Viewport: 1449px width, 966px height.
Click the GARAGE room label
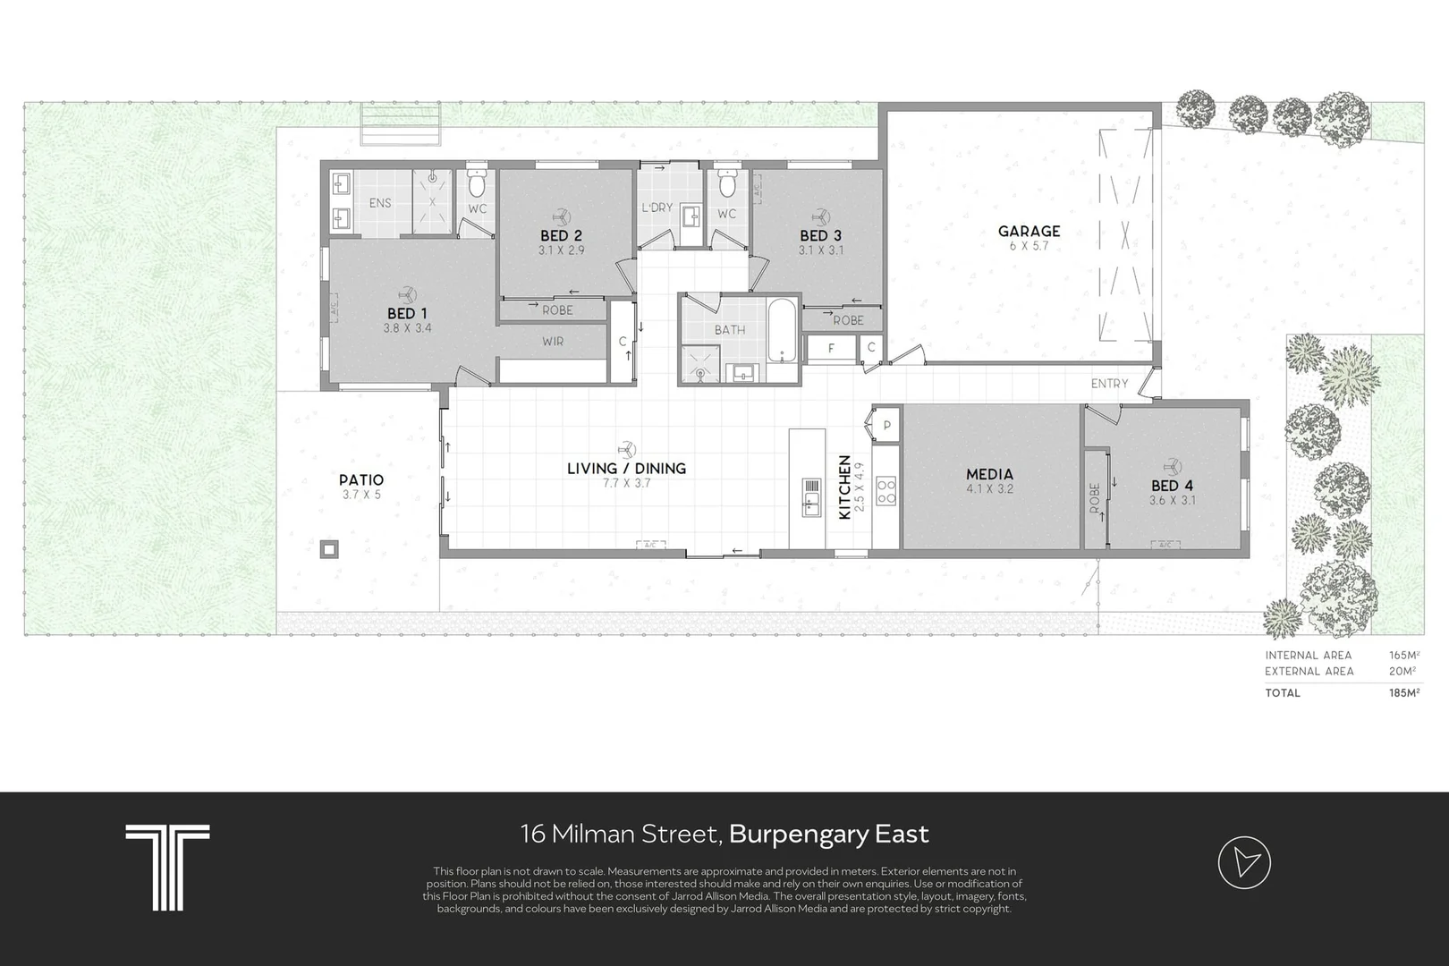(1029, 231)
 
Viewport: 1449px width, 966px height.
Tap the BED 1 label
(407, 314)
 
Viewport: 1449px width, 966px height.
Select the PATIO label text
(361, 480)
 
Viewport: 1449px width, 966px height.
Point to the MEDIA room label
(989, 474)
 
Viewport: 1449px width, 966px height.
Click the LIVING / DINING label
(626, 469)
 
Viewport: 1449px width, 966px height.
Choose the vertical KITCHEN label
(844, 487)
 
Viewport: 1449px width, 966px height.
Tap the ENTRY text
(1109, 384)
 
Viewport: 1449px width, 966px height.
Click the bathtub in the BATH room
(782, 332)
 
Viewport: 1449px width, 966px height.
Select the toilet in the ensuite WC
(477, 183)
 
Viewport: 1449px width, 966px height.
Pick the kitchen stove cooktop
(885, 491)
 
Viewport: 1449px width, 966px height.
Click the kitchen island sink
(811, 497)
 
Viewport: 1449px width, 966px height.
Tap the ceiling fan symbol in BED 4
(1172, 465)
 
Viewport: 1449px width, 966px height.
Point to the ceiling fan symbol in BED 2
(561, 216)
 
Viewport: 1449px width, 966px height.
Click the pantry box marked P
(887, 425)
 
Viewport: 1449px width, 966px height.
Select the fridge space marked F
(831, 349)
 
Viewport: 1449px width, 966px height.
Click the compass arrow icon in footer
(1244, 862)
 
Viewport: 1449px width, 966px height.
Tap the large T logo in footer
(167, 867)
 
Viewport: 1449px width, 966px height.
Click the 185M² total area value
(1403, 692)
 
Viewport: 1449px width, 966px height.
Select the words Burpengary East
(828, 834)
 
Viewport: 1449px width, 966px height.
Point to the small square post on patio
(329, 549)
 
